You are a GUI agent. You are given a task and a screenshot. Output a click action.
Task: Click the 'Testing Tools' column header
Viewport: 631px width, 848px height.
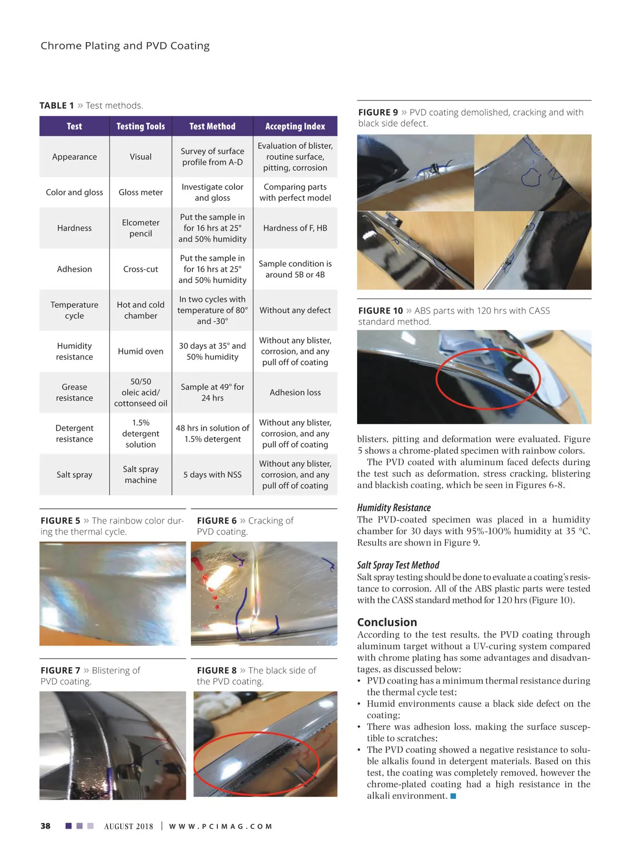140,126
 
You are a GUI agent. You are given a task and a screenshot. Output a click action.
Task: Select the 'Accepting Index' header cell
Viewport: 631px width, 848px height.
295,126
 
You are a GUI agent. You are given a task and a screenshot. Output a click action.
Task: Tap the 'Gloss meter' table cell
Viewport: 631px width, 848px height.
140,192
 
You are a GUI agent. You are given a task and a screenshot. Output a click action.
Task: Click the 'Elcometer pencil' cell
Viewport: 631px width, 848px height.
140,228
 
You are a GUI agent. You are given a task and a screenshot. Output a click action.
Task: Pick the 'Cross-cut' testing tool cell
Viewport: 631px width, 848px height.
140,269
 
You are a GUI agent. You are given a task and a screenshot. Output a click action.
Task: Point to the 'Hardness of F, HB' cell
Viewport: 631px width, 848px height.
295,228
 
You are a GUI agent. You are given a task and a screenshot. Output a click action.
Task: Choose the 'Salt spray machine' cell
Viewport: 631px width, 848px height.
140,475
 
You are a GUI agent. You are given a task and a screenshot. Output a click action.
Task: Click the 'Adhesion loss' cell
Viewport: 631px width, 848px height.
295,393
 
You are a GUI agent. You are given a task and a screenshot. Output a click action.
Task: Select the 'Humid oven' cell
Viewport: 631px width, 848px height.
140,351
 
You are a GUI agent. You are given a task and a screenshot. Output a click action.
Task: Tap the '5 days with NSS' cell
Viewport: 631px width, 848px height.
212,475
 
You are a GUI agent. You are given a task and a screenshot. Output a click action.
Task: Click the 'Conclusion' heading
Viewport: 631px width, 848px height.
387,622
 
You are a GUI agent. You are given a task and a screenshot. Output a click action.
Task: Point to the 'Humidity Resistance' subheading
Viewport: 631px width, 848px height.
394,507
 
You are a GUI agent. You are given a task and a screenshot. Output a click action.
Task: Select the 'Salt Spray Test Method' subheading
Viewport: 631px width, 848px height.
398,565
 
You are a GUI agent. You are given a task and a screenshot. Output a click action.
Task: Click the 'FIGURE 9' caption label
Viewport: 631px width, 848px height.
378,113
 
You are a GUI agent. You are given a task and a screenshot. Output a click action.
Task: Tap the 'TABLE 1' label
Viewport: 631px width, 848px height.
57,106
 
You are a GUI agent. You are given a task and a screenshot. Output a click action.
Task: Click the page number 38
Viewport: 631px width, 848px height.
46,826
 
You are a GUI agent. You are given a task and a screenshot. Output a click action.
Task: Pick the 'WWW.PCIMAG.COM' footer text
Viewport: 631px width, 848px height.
220,826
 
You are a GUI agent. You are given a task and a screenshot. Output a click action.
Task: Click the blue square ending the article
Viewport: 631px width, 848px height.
453,796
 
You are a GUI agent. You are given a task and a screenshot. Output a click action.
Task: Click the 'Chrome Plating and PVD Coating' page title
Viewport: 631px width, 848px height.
125,46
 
